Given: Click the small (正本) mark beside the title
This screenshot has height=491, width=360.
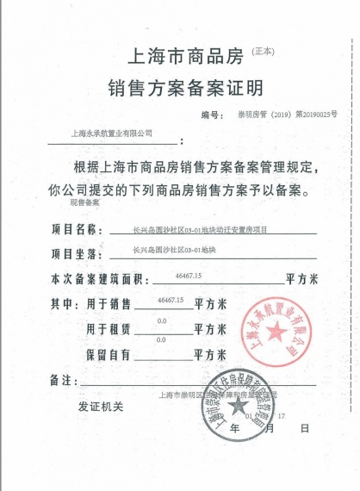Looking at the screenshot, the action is (x=263, y=52).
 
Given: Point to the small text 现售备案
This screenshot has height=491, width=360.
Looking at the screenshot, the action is (x=84, y=203).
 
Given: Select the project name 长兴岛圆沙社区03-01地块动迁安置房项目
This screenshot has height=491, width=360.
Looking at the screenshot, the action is (x=201, y=231).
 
